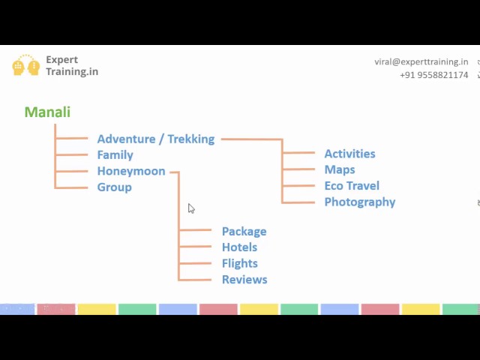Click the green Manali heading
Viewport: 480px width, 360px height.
point(47,112)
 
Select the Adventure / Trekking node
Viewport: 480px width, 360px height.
point(156,139)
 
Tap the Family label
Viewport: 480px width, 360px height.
point(115,155)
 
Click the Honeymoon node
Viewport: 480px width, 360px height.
point(131,171)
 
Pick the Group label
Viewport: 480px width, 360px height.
point(115,187)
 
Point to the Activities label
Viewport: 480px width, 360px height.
point(350,154)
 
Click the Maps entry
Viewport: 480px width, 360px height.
point(340,169)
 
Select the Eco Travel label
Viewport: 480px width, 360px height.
point(352,186)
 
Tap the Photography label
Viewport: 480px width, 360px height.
point(360,202)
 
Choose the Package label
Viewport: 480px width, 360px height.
point(244,232)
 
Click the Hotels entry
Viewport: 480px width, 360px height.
point(239,247)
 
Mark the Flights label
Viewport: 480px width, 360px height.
point(240,263)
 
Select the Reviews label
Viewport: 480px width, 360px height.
point(244,280)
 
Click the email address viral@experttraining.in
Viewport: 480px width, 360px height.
point(421,61)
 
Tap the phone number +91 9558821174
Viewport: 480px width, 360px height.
point(434,75)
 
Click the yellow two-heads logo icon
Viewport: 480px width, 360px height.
point(26,65)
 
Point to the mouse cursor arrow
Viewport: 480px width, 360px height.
point(191,208)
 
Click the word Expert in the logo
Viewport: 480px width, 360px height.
point(61,60)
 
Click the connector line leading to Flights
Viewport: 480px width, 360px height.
point(195,263)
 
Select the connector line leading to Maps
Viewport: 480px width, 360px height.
point(298,169)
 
